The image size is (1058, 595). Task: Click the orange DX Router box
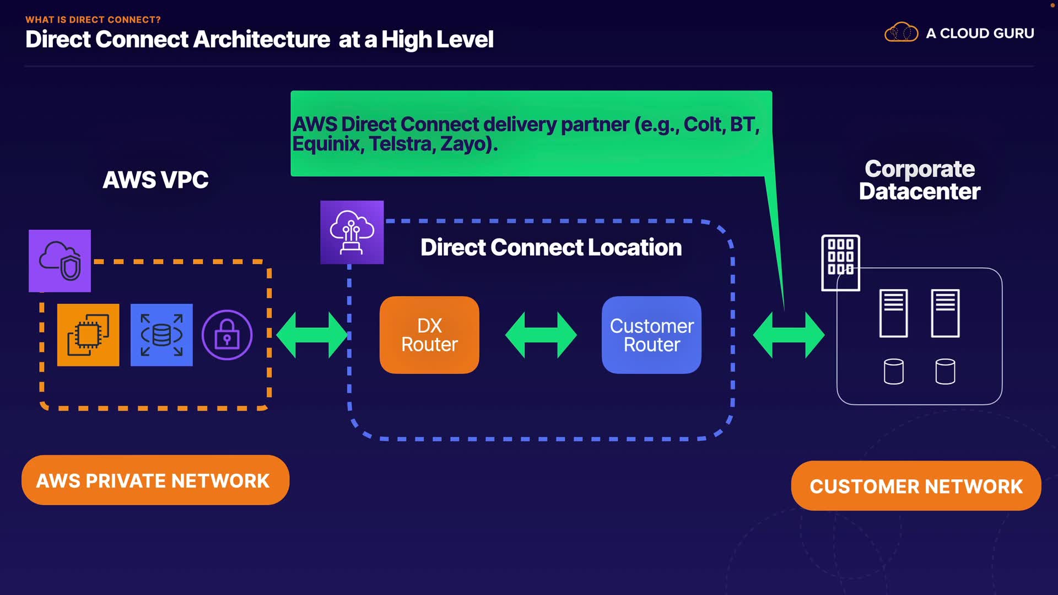tap(429, 335)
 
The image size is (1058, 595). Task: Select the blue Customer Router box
tap(651, 335)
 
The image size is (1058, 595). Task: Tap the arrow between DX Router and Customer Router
tap(541, 335)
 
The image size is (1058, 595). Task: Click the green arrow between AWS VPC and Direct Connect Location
tap(312, 335)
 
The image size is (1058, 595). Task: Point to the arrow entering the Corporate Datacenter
tap(789, 335)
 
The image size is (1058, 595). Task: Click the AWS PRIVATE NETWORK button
tap(155, 480)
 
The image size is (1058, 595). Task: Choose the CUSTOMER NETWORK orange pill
tap(916, 486)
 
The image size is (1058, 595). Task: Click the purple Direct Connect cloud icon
tap(352, 232)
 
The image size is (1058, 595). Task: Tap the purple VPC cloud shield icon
tap(60, 261)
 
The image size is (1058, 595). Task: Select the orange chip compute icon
tap(88, 335)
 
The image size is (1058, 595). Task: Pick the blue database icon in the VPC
tap(161, 335)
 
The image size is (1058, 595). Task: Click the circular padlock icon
tap(227, 335)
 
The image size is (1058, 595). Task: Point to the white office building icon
tap(840, 262)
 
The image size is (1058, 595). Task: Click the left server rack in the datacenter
tap(893, 313)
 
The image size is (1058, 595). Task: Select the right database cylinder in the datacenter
tap(945, 371)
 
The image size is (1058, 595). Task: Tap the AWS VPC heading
tap(155, 180)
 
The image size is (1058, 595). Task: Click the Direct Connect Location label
tap(551, 247)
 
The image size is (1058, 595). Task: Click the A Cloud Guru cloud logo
tap(901, 33)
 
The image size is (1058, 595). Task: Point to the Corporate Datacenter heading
tap(919, 180)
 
